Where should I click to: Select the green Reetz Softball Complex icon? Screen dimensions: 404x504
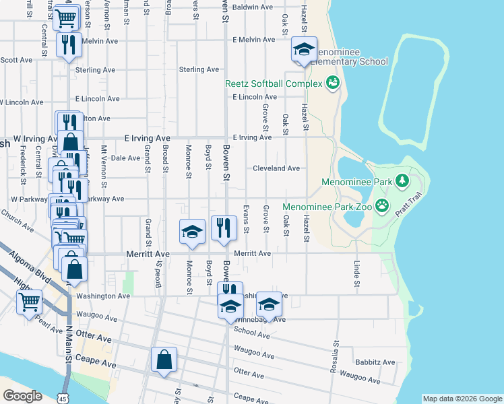(332, 83)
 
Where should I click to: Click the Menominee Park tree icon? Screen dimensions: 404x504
(402, 180)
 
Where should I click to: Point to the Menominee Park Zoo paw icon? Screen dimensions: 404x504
(382, 205)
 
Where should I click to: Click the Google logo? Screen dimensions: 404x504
(22, 396)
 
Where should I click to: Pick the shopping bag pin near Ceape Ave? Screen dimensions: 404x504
(164, 361)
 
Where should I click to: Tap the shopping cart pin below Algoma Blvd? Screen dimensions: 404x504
(30, 302)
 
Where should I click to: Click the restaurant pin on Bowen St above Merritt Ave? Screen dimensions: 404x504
(223, 228)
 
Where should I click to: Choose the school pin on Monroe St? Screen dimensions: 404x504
(192, 232)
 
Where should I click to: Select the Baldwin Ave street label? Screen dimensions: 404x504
(253, 7)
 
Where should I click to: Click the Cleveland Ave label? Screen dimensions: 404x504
(276, 168)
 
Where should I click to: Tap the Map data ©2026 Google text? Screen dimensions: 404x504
(462, 399)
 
